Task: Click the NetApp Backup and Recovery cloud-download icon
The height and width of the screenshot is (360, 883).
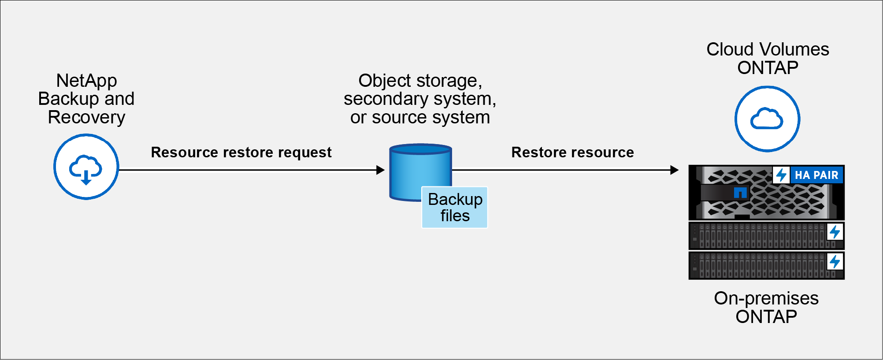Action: [x=86, y=167]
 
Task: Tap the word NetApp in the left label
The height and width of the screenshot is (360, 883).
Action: [x=86, y=81]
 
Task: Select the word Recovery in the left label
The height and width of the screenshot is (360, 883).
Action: [x=86, y=117]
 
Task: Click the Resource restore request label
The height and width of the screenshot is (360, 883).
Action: [x=241, y=152]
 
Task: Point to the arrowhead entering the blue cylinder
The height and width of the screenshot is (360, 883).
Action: [x=380, y=170]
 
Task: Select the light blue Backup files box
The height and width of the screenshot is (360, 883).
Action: [x=455, y=208]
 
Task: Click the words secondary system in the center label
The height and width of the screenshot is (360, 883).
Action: [x=419, y=99]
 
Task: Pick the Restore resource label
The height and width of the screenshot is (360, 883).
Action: [x=572, y=152]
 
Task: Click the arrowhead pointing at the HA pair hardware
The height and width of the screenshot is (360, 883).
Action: [x=674, y=170]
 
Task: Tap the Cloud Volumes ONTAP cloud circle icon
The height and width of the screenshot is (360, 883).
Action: [x=767, y=119]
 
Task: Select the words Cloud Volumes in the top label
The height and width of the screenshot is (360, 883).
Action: [x=768, y=49]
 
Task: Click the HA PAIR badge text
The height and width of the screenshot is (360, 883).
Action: [x=816, y=175]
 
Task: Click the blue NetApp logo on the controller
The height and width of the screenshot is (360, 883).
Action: [x=740, y=193]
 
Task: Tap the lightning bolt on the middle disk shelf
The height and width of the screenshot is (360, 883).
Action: [x=835, y=232]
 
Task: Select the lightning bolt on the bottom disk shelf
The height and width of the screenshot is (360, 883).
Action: [x=835, y=262]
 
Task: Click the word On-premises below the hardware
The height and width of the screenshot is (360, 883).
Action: [x=766, y=298]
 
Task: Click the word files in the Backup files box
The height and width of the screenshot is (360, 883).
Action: [x=455, y=216]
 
